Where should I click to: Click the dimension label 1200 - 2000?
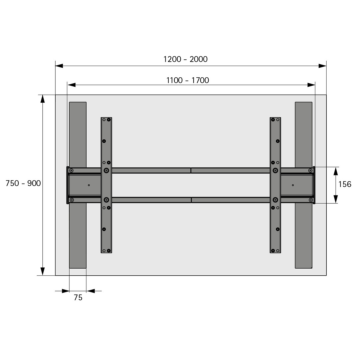[x=185, y=59]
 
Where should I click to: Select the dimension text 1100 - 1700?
[x=188, y=80]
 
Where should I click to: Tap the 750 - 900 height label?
[x=23, y=183]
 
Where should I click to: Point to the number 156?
[x=345, y=184]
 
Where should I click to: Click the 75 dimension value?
[x=78, y=298]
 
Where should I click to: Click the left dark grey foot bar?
[x=78, y=185]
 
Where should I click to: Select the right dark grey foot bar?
[x=304, y=185]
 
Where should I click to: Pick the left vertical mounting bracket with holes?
[x=106, y=185]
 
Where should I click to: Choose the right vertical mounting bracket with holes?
[x=275, y=185]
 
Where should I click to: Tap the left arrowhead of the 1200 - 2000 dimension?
[x=59, y=66]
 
